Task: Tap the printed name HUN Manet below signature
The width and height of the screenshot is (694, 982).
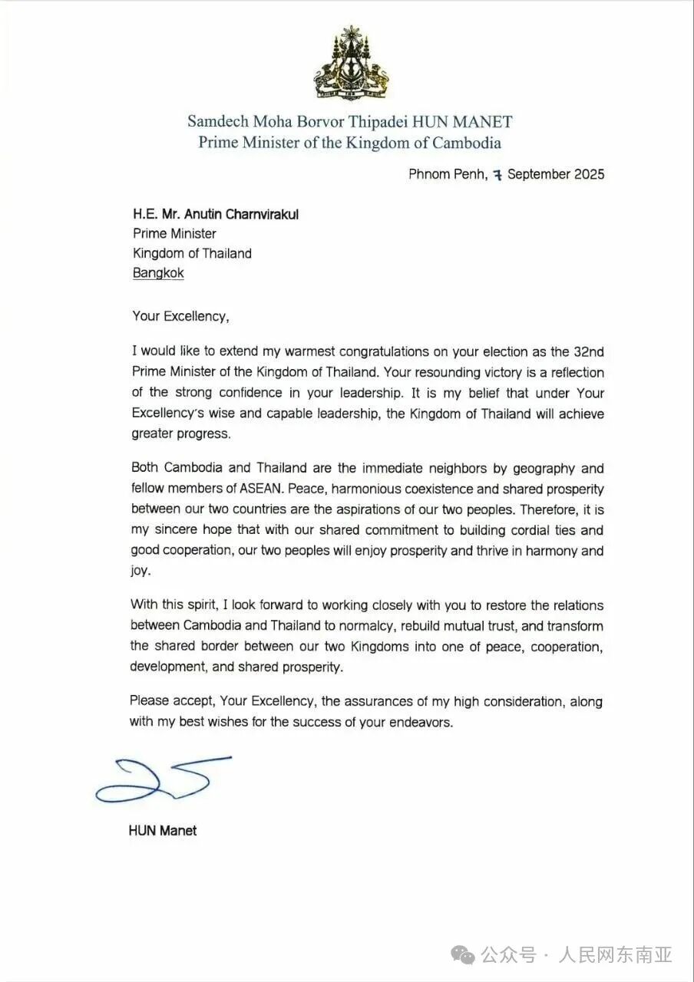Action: click(163, 830)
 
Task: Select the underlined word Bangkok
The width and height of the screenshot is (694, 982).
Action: click(158, 273)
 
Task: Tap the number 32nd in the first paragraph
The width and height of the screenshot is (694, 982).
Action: click(588, 353)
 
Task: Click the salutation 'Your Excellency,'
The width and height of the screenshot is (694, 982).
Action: click(180, 315)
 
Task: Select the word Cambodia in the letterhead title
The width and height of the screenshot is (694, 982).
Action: click(466, 143)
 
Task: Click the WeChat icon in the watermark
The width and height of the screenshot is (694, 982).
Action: click(463, 954)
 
